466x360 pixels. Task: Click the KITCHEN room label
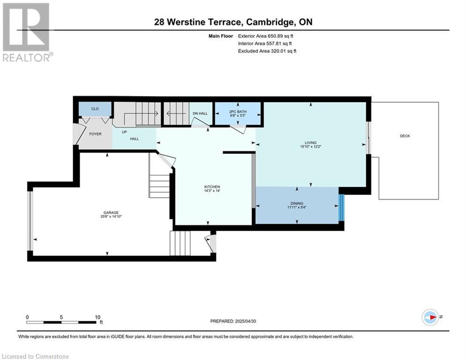click(x=212, y=187)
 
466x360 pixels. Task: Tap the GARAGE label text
click(x=111, y=212)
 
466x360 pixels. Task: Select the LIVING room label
click(x=311, y=142)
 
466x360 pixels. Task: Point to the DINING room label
click(x=296, y=203)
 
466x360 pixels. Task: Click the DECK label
click(x=405, y=136)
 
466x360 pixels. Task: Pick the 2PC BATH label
click(x=238, y=112)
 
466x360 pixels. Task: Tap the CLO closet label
click(x=95, y=109)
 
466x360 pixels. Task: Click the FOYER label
click(x=96, y=134)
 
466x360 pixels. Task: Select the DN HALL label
click(x=200, y=113)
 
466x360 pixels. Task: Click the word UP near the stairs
click(x=124, y=132)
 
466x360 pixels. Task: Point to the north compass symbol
click(x=430, y=317)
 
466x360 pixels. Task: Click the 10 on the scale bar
click(x=98, y=317)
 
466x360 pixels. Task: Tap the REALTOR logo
click(x=27, y=32)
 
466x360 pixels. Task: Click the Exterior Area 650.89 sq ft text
click(x=266, y=36)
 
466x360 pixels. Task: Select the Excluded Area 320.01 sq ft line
click(x=267, y=51)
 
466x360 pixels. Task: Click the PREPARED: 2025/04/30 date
click(x=233, y=321)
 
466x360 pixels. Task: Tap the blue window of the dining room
click(x=341, y=208)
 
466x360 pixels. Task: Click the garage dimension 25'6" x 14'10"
click(x=111, y=217)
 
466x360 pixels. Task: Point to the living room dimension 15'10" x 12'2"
click(x=311, y=147)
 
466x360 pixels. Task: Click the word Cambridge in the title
click(x=270, y=22)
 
